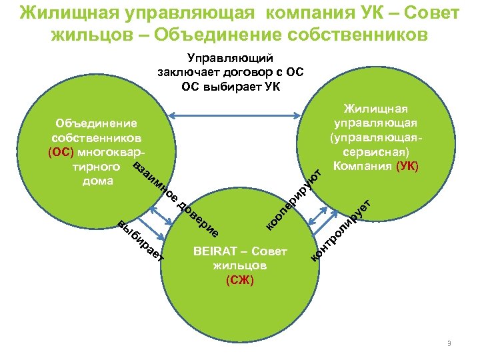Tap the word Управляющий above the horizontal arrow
(230, 60)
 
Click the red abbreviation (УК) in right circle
(406, 166)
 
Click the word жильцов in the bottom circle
(239, 266)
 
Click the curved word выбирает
(140, 241)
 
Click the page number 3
(449, 343)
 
